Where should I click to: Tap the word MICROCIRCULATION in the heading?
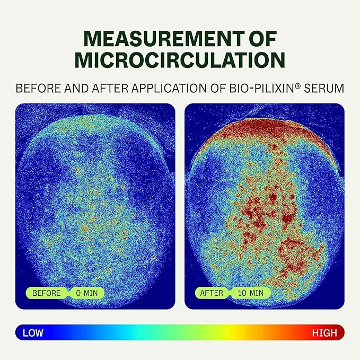180,60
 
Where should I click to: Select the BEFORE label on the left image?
47,293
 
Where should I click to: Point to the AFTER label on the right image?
212,293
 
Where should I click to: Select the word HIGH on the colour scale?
324,333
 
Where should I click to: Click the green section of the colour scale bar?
175,333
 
